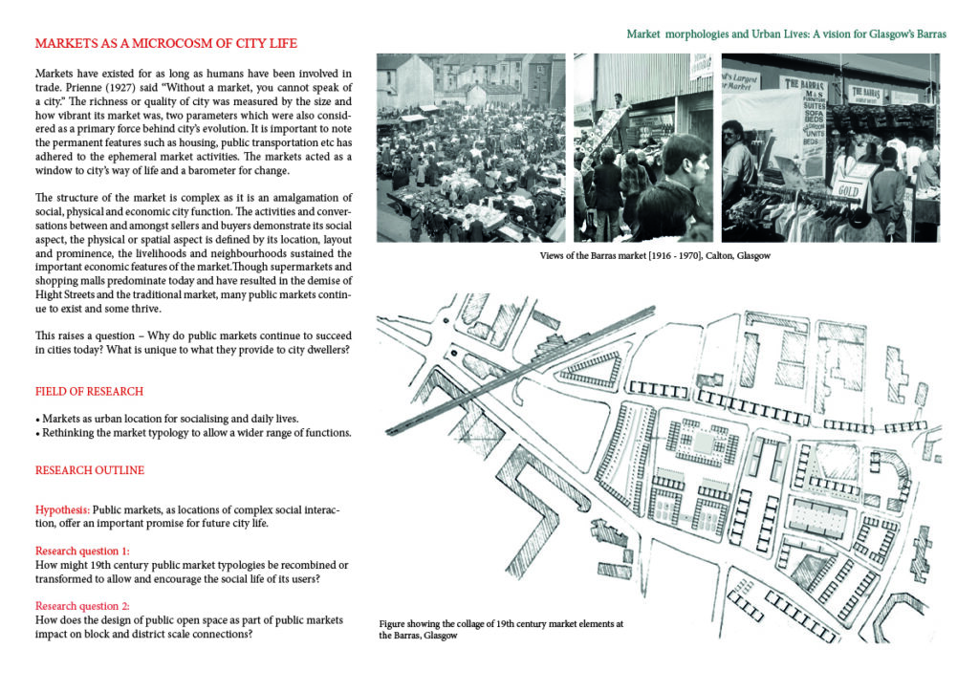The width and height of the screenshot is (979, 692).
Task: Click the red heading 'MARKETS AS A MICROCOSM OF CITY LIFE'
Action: tap(165, 44)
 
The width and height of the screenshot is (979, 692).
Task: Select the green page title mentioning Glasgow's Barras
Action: tap(786, 33)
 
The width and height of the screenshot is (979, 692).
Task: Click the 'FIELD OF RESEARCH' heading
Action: tap(89, 392)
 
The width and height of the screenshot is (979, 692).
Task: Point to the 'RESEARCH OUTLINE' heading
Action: tap(90, 470)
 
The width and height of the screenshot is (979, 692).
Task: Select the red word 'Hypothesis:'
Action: tap(62, 509)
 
